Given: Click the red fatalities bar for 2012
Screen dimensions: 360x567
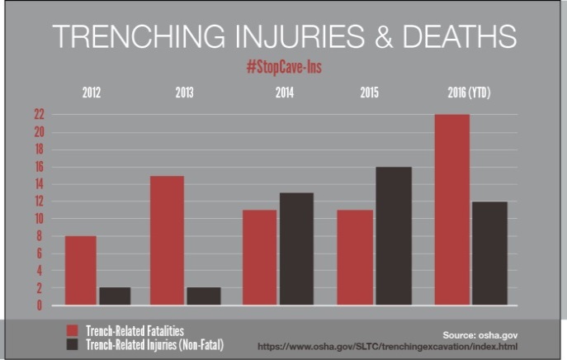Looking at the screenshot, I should coord(80,271).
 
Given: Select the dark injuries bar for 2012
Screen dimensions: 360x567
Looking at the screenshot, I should coord(115,296).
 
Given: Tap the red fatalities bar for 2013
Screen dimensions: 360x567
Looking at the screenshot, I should coord(168,240).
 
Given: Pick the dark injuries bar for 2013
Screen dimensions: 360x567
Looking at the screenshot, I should coord(202,296).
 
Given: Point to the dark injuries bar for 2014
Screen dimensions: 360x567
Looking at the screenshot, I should coord(295,249).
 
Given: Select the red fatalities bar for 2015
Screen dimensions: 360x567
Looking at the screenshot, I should coord(356,258).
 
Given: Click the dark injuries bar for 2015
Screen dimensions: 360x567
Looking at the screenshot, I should coord(394,236).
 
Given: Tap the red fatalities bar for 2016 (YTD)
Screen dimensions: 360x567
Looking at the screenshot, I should coord(452,210).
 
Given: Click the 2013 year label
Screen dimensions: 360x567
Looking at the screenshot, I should coord(185,92).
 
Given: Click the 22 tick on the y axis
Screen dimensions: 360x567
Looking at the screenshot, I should coord(39,115).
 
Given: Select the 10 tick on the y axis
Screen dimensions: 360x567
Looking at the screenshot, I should coord(39,219).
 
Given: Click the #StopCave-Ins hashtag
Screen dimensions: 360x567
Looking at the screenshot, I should coord(283,67).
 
